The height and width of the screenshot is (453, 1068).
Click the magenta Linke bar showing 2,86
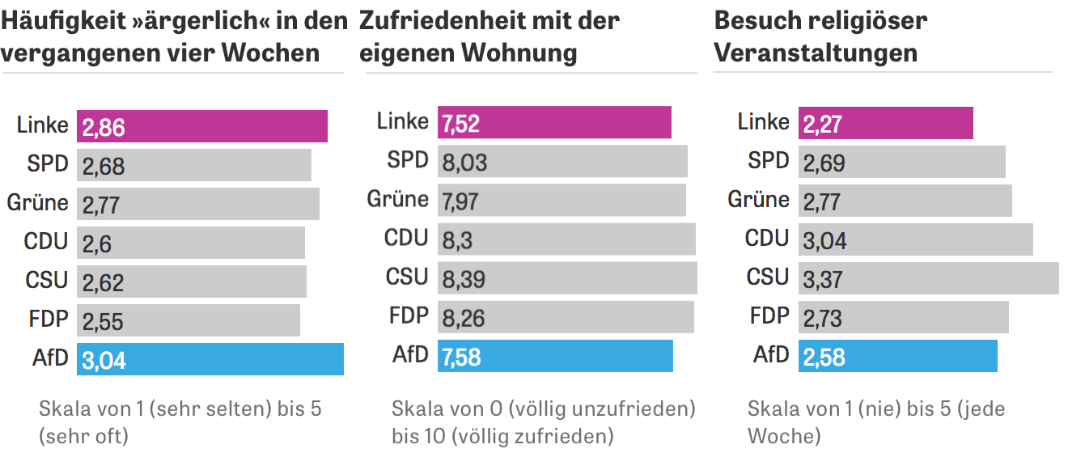point(202,126)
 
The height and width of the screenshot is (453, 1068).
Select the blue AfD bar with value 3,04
point(210,359)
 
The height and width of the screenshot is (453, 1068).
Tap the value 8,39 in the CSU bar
point(464,279)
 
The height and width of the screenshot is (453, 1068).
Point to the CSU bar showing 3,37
point(928,278)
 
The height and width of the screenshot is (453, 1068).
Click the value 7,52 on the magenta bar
point(461,124)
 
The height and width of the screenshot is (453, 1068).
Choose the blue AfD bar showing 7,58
point(555,356)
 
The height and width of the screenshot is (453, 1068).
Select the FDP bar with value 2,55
point(189,320)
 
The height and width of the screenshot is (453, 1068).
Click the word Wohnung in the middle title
point(519,53)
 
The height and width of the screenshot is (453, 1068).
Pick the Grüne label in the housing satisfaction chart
point(398,199)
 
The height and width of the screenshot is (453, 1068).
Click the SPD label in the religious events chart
point(768,161)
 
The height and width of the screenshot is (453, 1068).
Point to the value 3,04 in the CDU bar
point(824,240)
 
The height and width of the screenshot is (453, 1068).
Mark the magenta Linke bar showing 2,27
point(885,123)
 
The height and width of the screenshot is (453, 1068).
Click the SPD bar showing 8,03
point(562,162)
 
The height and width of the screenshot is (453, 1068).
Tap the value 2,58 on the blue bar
point(824,357)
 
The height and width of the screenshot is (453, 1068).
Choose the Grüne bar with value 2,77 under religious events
point(905,201)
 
